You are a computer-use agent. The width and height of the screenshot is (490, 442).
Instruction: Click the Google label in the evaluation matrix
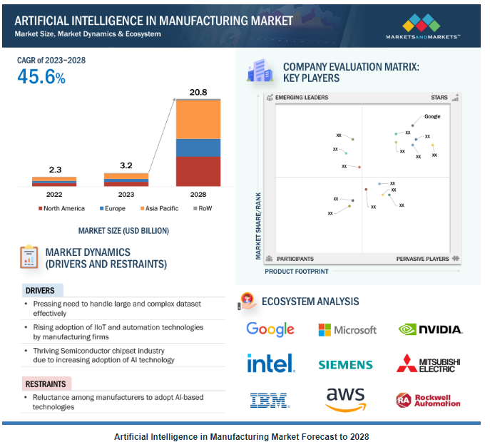(432, 116)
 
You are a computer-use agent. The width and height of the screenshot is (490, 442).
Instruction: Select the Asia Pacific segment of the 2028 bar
(198, 119)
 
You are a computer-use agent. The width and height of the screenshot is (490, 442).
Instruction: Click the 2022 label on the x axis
(54, 194)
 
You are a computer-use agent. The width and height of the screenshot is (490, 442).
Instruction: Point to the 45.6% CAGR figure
(41, 77)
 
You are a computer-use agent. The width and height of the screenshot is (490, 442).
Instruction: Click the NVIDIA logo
(430, 329)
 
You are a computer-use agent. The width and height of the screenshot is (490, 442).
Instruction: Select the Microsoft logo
(347, 329)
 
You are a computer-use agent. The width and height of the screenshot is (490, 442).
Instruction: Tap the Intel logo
(270, 364)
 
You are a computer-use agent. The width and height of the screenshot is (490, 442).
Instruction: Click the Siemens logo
(345, 365)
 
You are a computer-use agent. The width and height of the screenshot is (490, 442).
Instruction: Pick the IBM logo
(270, 400)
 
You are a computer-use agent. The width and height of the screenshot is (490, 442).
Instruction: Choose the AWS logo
(345, 400)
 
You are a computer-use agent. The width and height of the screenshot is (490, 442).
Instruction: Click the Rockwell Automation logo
(429, 400)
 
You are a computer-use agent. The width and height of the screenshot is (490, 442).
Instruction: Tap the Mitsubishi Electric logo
(429, 364)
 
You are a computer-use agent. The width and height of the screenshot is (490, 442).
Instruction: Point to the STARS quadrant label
(439, 98)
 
